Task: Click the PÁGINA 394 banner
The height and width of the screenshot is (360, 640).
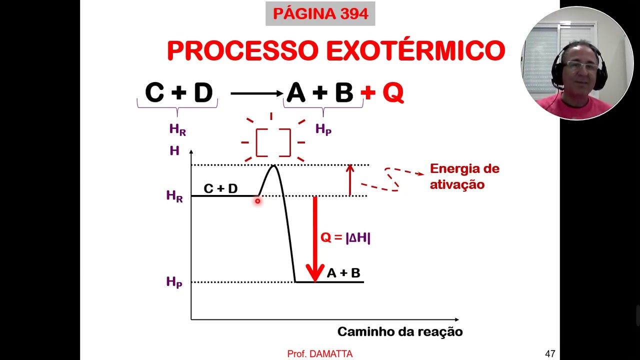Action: pos(320,13)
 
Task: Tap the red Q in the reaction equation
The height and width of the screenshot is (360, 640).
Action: pos(393,92)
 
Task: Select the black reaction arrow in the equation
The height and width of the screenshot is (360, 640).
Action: pos(257,93)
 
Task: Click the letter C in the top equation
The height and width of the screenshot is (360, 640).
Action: pos(154,92)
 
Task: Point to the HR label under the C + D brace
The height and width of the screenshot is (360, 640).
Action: pos(177,129)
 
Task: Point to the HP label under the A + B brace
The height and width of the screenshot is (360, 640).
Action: pos(323,129)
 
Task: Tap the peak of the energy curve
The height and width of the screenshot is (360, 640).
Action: pos(273,165)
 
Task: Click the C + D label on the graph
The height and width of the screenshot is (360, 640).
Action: pos(220,188)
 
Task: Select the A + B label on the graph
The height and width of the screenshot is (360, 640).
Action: pos(343,273)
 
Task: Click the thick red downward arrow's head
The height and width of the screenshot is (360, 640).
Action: pos(315,273)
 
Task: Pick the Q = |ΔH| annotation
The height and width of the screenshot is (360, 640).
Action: pos(345,237)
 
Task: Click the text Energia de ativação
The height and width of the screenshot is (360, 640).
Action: pos(464,176)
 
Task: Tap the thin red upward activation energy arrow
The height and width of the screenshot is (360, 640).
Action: pos(350,180)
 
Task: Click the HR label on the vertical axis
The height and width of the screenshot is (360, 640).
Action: pos(174,196)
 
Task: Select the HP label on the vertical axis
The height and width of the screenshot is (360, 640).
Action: pos(174,282)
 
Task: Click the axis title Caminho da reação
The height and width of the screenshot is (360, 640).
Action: pos(400,332)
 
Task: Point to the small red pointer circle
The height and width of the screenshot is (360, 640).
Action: pos(257,201)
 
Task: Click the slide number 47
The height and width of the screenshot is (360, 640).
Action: pos(550,353)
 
